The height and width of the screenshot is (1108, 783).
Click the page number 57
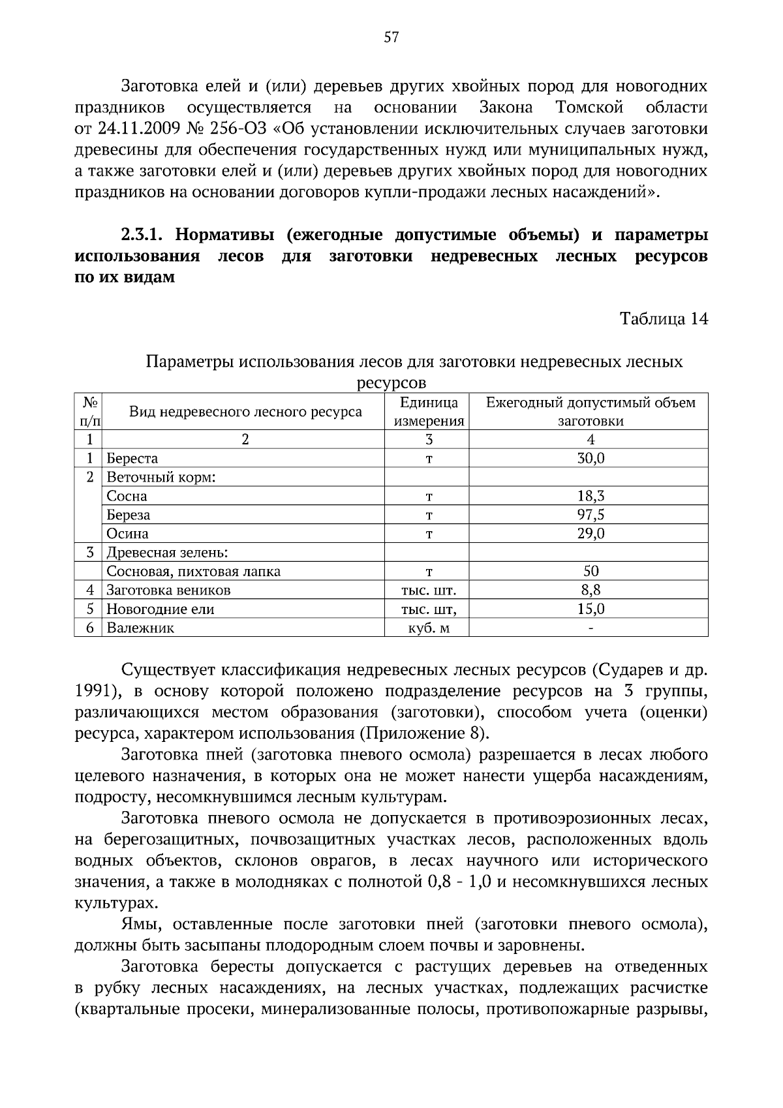pyautogui.click(x=391, y=37)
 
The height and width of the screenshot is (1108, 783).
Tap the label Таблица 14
pyautogui.click(x=664, y=319)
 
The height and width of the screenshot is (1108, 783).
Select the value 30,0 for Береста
pyautogui.click(x=591, y=459)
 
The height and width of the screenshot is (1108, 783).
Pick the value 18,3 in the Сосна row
pyautogui.click(x=591, y=497)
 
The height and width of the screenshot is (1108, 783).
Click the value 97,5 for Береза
pyautogui.click(x=591, y=515)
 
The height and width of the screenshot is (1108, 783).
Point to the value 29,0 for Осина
pyautogui.click(x=591, y=534)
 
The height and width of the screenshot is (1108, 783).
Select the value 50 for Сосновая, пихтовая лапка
pyautogui.click(x=591, y=572)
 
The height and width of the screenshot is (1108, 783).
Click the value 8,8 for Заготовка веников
pyautogui.click(x=591, y=591)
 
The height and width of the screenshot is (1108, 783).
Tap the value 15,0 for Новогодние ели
pyautogui.click(x=591, y=609)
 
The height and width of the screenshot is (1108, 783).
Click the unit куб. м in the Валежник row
pyautogui.click(x=429, y=628)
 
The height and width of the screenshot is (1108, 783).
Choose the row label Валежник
pyautogui.click(x=140, y=628)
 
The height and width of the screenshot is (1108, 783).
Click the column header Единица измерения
pyautogui.click(x=429, y=412)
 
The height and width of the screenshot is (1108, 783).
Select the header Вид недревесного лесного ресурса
pyautogui.click(x=245, y=412)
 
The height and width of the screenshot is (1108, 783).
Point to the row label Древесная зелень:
pyautogui.click(x=167, y=553)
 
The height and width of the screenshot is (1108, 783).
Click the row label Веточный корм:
pyautogui.click(x=161, y=478)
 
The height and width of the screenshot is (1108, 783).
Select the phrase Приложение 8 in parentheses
pyautogui.click(x=422, y=733)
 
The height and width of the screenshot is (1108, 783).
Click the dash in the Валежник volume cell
pyautogui.click(x=591, y=628)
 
